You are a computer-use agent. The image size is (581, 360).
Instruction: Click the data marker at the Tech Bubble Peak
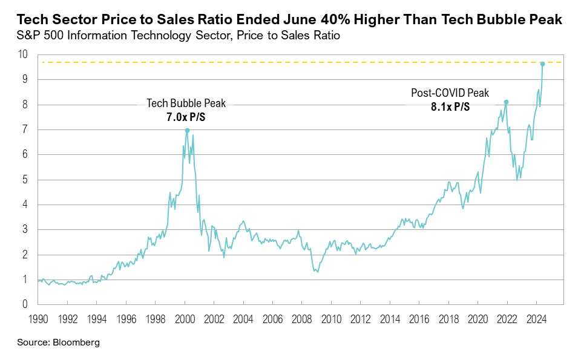187,130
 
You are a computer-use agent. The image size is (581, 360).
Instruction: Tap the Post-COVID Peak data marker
506,102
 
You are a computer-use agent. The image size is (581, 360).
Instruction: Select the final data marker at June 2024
542,64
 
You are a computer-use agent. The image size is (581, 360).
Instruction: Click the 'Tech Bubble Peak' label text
186,103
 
